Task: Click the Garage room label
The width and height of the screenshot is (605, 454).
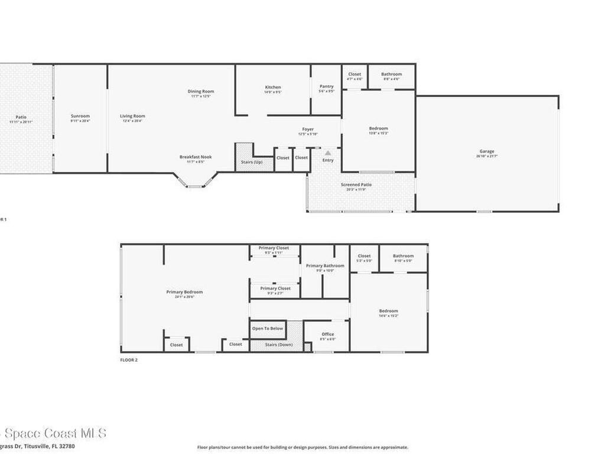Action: (x=487, y=151)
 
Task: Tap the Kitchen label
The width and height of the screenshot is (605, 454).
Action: (x=273, y=87)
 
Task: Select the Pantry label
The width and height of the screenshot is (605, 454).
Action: (x=327, y=86)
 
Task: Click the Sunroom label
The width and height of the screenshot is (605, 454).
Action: (x=80, y=116)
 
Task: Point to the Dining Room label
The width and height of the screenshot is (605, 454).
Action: (x=201, y=92)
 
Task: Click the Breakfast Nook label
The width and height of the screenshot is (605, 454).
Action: (x=196, y=157)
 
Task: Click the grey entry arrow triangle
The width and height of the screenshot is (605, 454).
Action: (x=328, y=153)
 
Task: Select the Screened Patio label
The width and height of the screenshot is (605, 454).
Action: (x=356, y=185)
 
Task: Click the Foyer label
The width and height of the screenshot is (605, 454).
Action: (x=308, y=129)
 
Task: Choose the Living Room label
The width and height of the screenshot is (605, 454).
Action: (x=132, y=116)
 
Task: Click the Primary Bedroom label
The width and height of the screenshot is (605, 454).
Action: (x=184, y=292)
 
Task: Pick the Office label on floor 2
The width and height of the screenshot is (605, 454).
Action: (x=328, y=335)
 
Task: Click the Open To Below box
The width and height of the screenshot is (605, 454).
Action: (x=268, y=329)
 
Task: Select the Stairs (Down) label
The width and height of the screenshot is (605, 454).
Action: (x=279, y=345)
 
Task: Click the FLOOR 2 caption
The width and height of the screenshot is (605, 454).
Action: (x=129, y=359)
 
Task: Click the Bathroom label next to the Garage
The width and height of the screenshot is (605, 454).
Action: (x=391, y=74)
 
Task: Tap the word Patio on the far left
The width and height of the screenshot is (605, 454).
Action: (x=21, y=117)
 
